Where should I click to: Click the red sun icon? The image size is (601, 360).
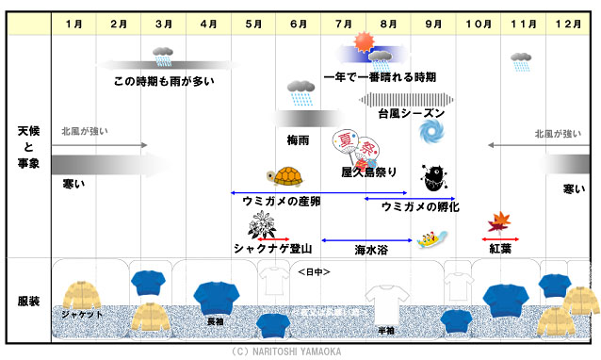[x=363, y=42]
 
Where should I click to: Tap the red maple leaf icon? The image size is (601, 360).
[x=498, y=222]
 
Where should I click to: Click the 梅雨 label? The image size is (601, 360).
[x=300, y=139]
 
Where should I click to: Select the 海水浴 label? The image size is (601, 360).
[x=370, y=251]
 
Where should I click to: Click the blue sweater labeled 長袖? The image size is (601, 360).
[x=217, y=299]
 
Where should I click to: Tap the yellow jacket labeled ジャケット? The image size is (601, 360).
[x=81, y=294]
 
